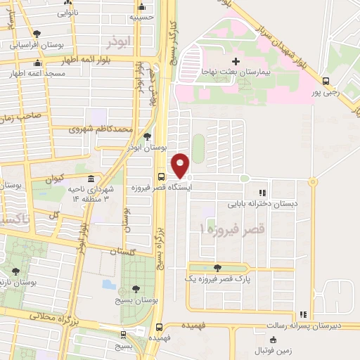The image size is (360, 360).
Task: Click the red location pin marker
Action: [x=181, y=166]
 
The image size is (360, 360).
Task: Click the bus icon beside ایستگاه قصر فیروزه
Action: [x=161, y=177]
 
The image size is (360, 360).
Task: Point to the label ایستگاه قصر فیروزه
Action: [x=157, y=188]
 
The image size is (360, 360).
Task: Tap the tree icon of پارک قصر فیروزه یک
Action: [x=217, y=267]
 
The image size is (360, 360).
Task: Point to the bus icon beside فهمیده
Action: [x=161, y=327]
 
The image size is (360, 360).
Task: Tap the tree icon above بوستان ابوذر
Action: [x=146, y=136]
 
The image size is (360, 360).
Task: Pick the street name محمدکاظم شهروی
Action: [x=102, y=129]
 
